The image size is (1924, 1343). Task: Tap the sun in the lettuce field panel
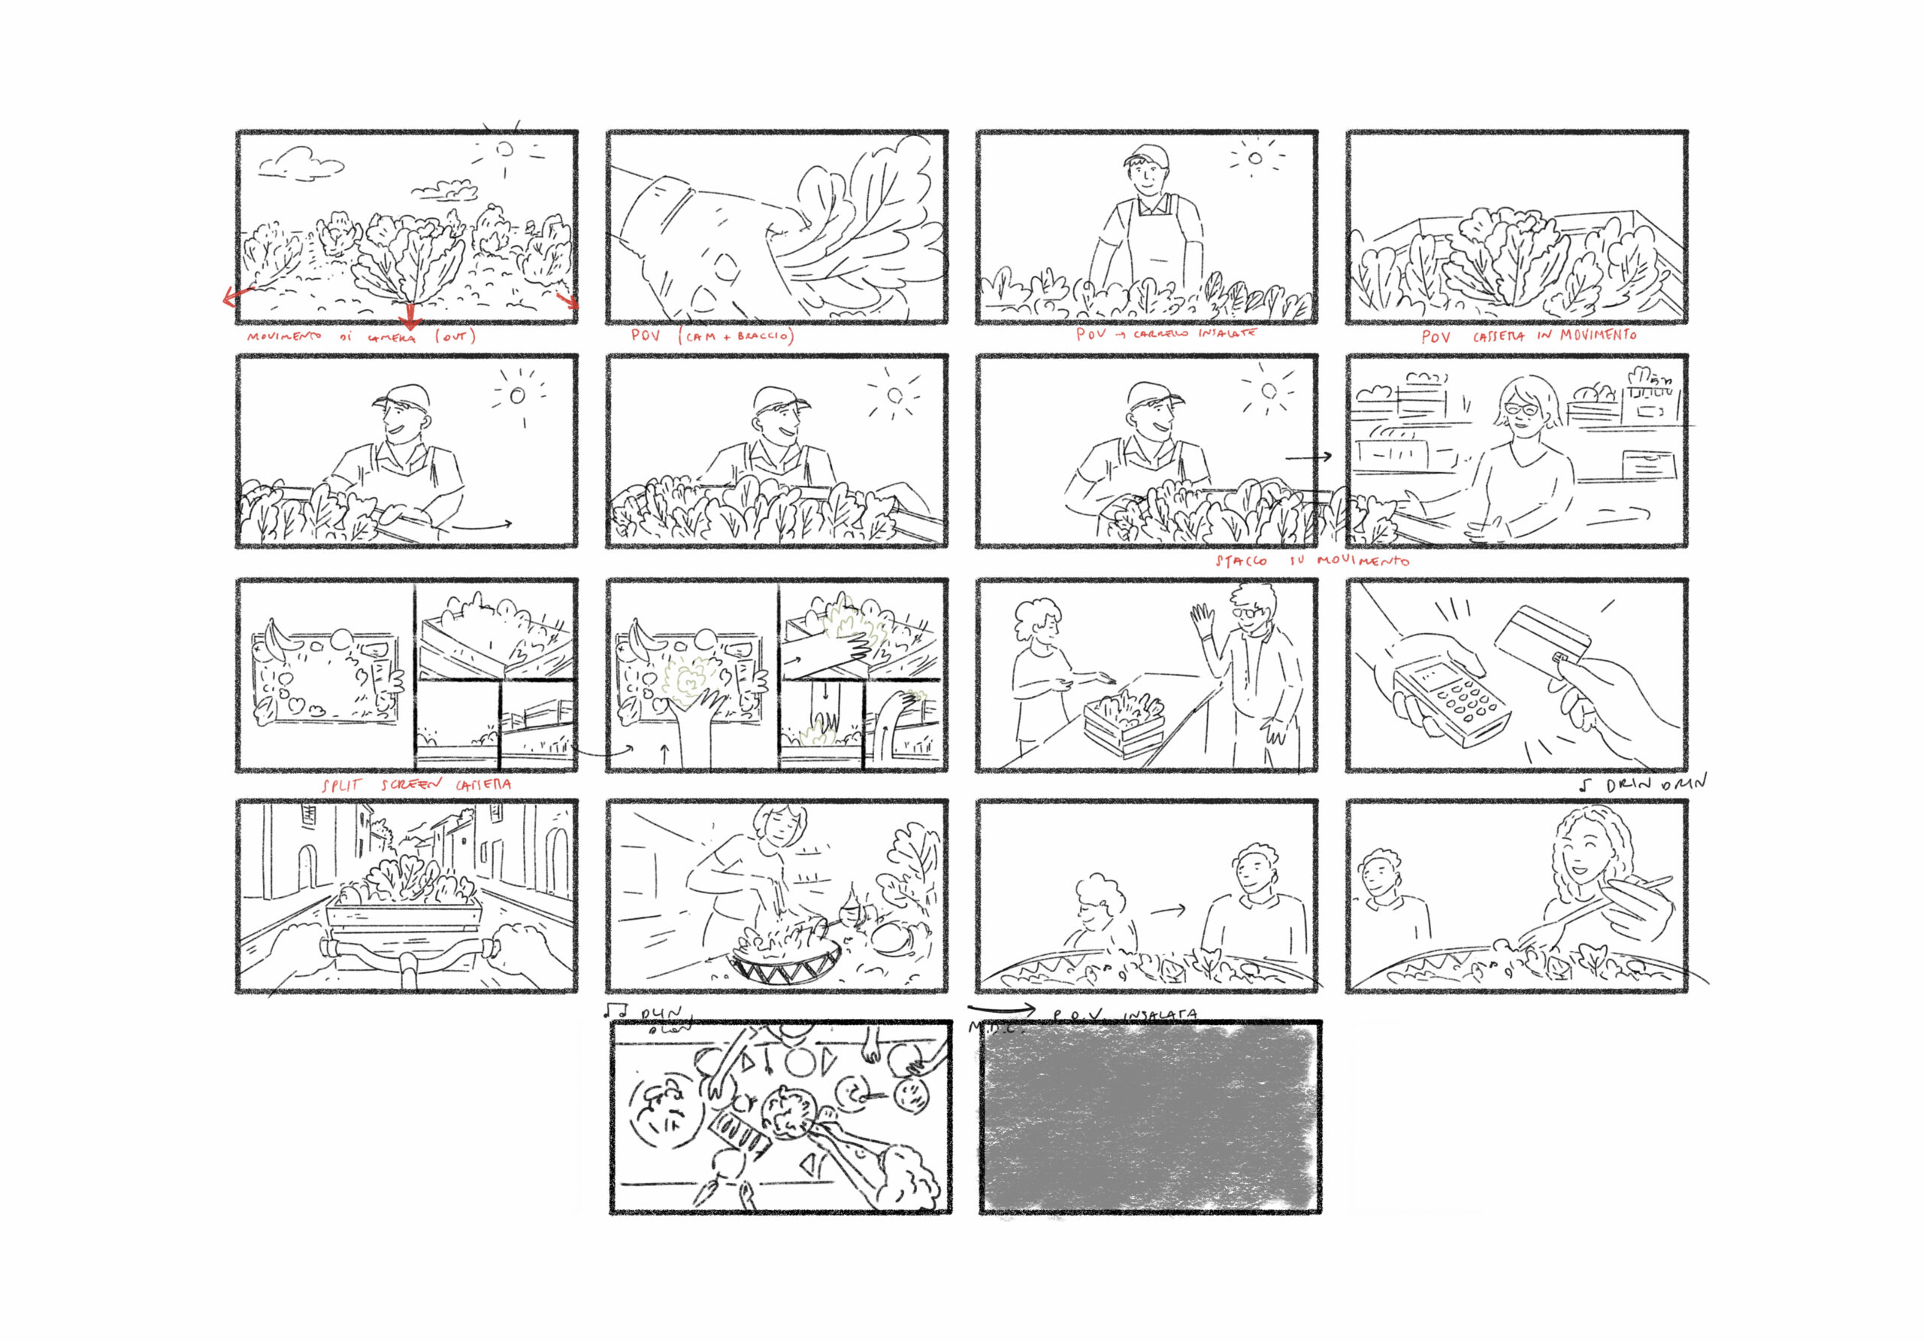coord(504,149)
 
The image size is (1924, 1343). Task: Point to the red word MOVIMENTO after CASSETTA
coord(1597,335)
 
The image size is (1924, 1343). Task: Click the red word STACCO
coord(1241,561)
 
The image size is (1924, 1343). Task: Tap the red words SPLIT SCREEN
coord(382,786)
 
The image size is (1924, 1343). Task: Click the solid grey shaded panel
coord(1149,1117)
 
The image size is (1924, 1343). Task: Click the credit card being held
coord(1542,635)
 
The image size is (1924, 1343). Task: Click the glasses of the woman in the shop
coord(1522,409)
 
